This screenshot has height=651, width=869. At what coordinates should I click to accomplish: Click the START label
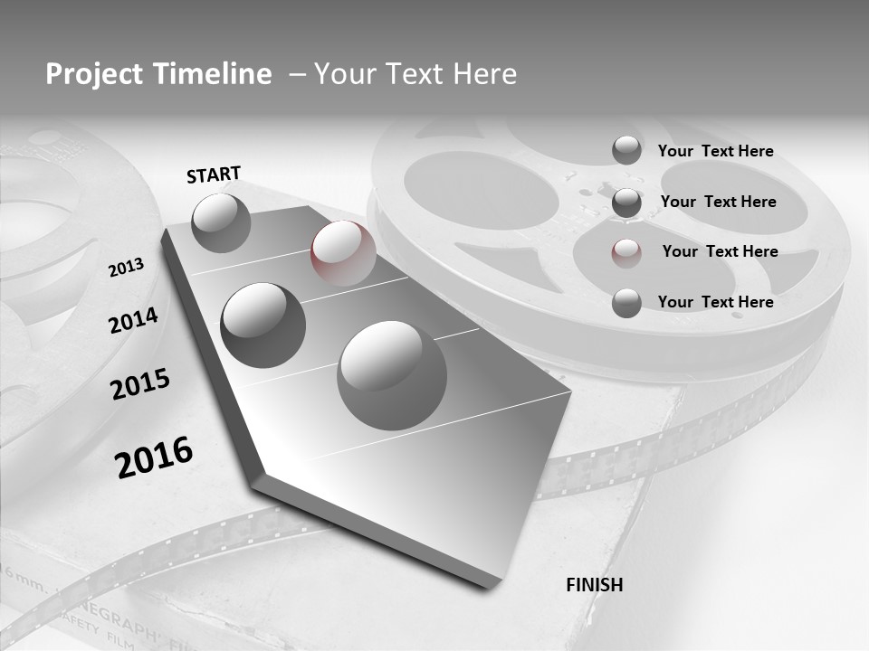click(x=214, y=175)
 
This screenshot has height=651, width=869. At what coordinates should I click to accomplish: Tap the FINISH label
click(x=594, y=585)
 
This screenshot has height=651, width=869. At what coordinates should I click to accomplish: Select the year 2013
click(x=127, y=267)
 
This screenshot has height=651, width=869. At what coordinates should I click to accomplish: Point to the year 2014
click(x=133, y=320)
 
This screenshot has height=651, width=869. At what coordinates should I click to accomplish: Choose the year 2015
click(x=140, y=384)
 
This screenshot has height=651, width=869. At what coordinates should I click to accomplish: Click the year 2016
click(x=154, y=457)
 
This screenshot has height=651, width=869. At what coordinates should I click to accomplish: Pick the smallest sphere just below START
click(x=221, y=222)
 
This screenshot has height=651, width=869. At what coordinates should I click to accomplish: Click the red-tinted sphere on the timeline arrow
click(x=343, y=253)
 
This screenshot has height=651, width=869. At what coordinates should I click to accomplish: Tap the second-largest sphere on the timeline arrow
click(x=263, y=325)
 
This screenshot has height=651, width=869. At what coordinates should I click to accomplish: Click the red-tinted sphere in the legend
click(x=626, y=252)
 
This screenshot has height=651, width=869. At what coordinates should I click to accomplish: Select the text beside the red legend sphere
click(x=720, y=251)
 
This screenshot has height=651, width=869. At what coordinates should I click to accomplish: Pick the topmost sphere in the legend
click(x=626, y=150)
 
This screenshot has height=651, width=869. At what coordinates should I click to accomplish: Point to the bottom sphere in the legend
click(x=626, y=303)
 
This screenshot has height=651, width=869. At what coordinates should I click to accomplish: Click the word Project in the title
click(x=94, y=74)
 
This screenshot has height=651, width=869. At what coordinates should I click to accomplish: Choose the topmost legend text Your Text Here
click(x=715, y=151)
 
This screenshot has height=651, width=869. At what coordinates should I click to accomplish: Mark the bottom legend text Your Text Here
click(x=715, y=302)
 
